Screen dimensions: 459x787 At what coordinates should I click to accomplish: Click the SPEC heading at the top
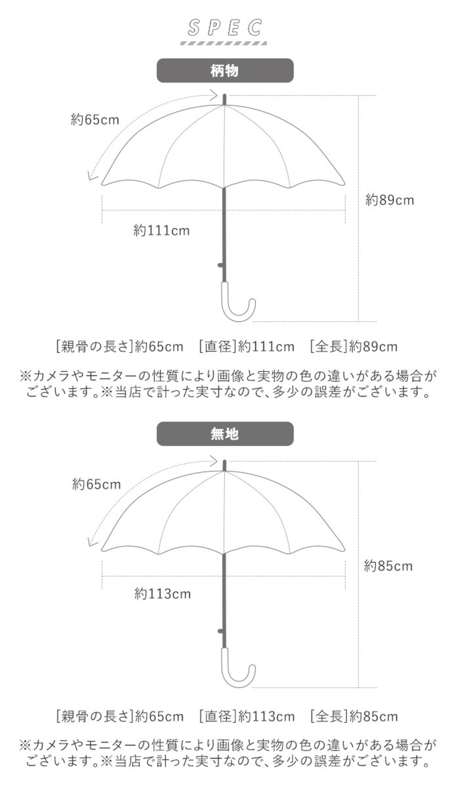pos(225,28)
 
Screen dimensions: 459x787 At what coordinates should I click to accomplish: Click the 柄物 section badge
pos(225,71)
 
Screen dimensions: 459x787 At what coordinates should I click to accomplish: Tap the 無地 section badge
pos(225,434)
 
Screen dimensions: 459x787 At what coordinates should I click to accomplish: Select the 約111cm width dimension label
pos(161,230)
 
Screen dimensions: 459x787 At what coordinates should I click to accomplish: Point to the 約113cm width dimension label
pos(162,594)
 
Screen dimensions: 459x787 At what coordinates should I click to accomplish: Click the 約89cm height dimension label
pos(389,200)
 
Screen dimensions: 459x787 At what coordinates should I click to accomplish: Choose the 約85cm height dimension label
pos(388,566)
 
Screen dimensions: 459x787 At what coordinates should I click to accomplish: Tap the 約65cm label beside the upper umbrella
pos(95,119)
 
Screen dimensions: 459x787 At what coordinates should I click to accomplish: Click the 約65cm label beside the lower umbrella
pos(96,485)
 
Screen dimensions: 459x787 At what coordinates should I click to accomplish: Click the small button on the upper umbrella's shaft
pos(220,265)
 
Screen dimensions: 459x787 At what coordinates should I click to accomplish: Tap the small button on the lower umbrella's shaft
pos(220,631)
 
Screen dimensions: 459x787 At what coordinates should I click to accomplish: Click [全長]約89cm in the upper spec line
pos(354,347)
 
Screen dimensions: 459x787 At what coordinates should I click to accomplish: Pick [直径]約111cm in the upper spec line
pos(247,347)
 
